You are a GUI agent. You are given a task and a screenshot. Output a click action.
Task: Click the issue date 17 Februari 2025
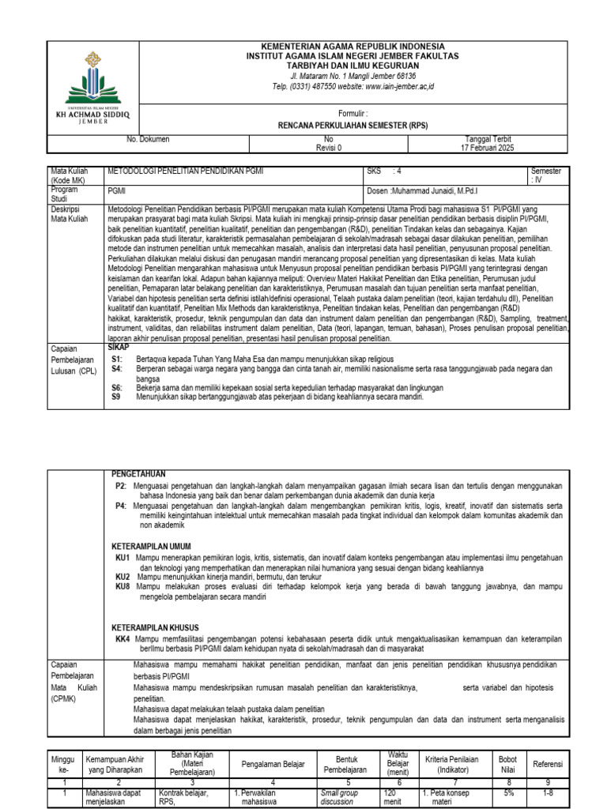coord(487,148)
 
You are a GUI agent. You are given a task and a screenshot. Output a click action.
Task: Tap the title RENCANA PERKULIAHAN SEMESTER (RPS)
coord(353,126)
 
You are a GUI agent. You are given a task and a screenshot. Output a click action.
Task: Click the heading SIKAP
coord(117,347)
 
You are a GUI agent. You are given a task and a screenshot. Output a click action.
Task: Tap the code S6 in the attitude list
coord(117,388)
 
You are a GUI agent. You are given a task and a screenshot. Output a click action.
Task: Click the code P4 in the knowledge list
coord(121,505)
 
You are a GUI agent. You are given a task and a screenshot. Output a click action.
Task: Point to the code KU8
coord(123,587)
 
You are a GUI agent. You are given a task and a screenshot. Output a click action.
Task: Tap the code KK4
coord(123,638)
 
